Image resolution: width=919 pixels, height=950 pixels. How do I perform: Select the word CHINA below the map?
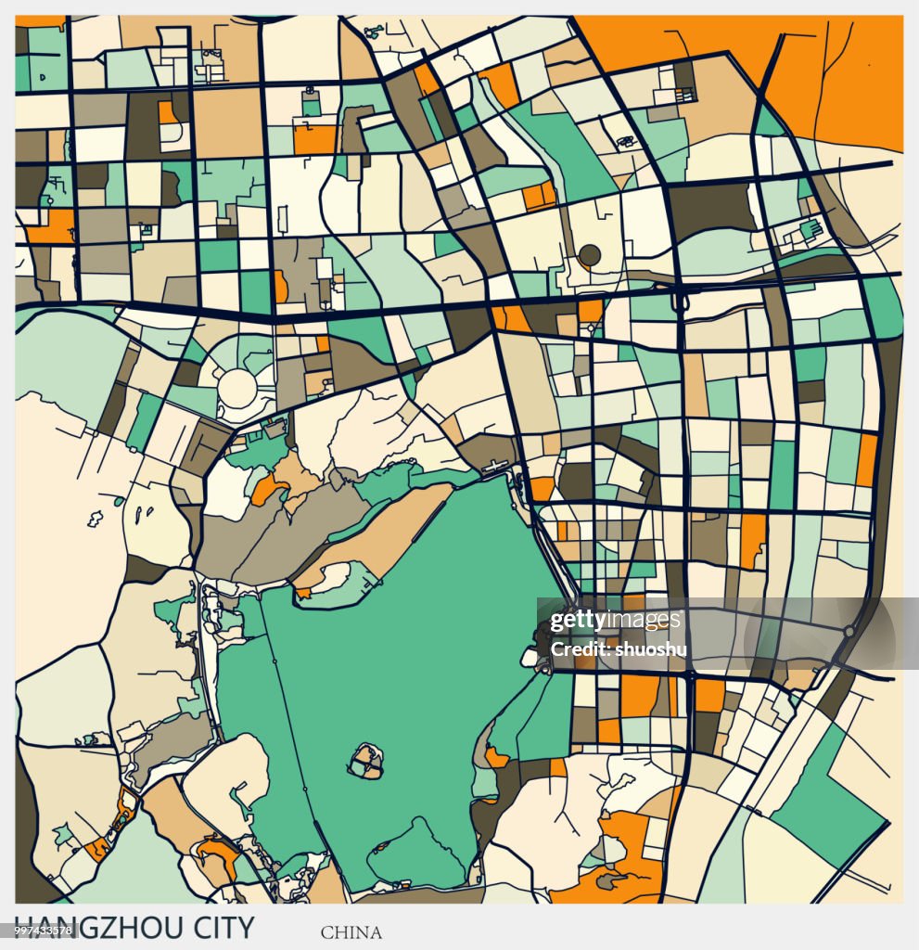click(351, 932)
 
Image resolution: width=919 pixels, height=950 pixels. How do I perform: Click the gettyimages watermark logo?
click(615, 621)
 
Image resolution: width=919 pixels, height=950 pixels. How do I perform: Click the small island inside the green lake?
click(365, 762)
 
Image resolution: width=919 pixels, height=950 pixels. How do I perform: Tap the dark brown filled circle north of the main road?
click(589, 254)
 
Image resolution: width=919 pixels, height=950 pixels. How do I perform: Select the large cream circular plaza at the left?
click(237, 388)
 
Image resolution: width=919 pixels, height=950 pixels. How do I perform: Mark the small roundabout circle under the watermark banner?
click(848, 631)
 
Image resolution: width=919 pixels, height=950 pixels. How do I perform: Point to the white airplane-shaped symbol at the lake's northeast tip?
click(499, 467)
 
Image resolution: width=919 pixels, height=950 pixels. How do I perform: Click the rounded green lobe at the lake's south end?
click(417, 854)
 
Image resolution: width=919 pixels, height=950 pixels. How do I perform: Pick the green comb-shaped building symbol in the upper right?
click(809, 227)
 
